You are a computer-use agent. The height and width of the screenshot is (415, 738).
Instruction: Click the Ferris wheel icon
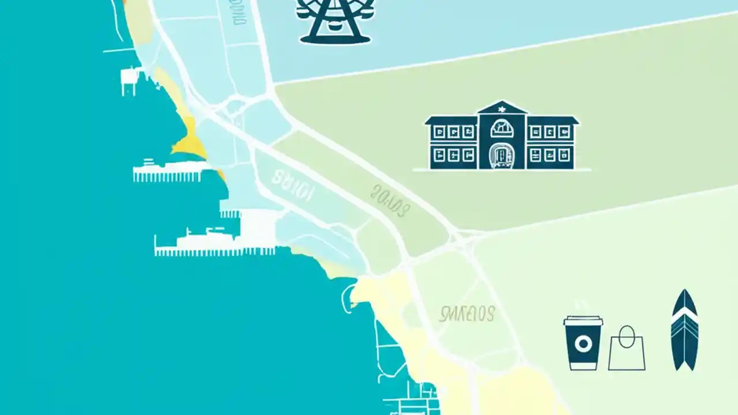click(x=334, y=22)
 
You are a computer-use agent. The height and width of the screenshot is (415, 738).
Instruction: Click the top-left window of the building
click(x=439, y=133)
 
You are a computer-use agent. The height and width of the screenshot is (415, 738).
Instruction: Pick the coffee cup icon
click(x=583, y=342)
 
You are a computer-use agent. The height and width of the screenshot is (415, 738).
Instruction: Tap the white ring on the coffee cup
click(x=583, y=345)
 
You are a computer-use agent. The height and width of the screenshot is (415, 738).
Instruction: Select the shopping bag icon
click(x=627, y=349)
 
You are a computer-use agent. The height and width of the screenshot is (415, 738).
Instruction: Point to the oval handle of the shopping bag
click(x=627, y=334)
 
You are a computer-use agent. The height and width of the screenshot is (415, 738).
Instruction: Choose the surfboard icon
click(x=684, y=330)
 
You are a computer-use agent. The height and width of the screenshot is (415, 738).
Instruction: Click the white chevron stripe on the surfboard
click(x=684, y=315)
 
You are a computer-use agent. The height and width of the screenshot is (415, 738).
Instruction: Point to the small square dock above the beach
click(x=130, y=80)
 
